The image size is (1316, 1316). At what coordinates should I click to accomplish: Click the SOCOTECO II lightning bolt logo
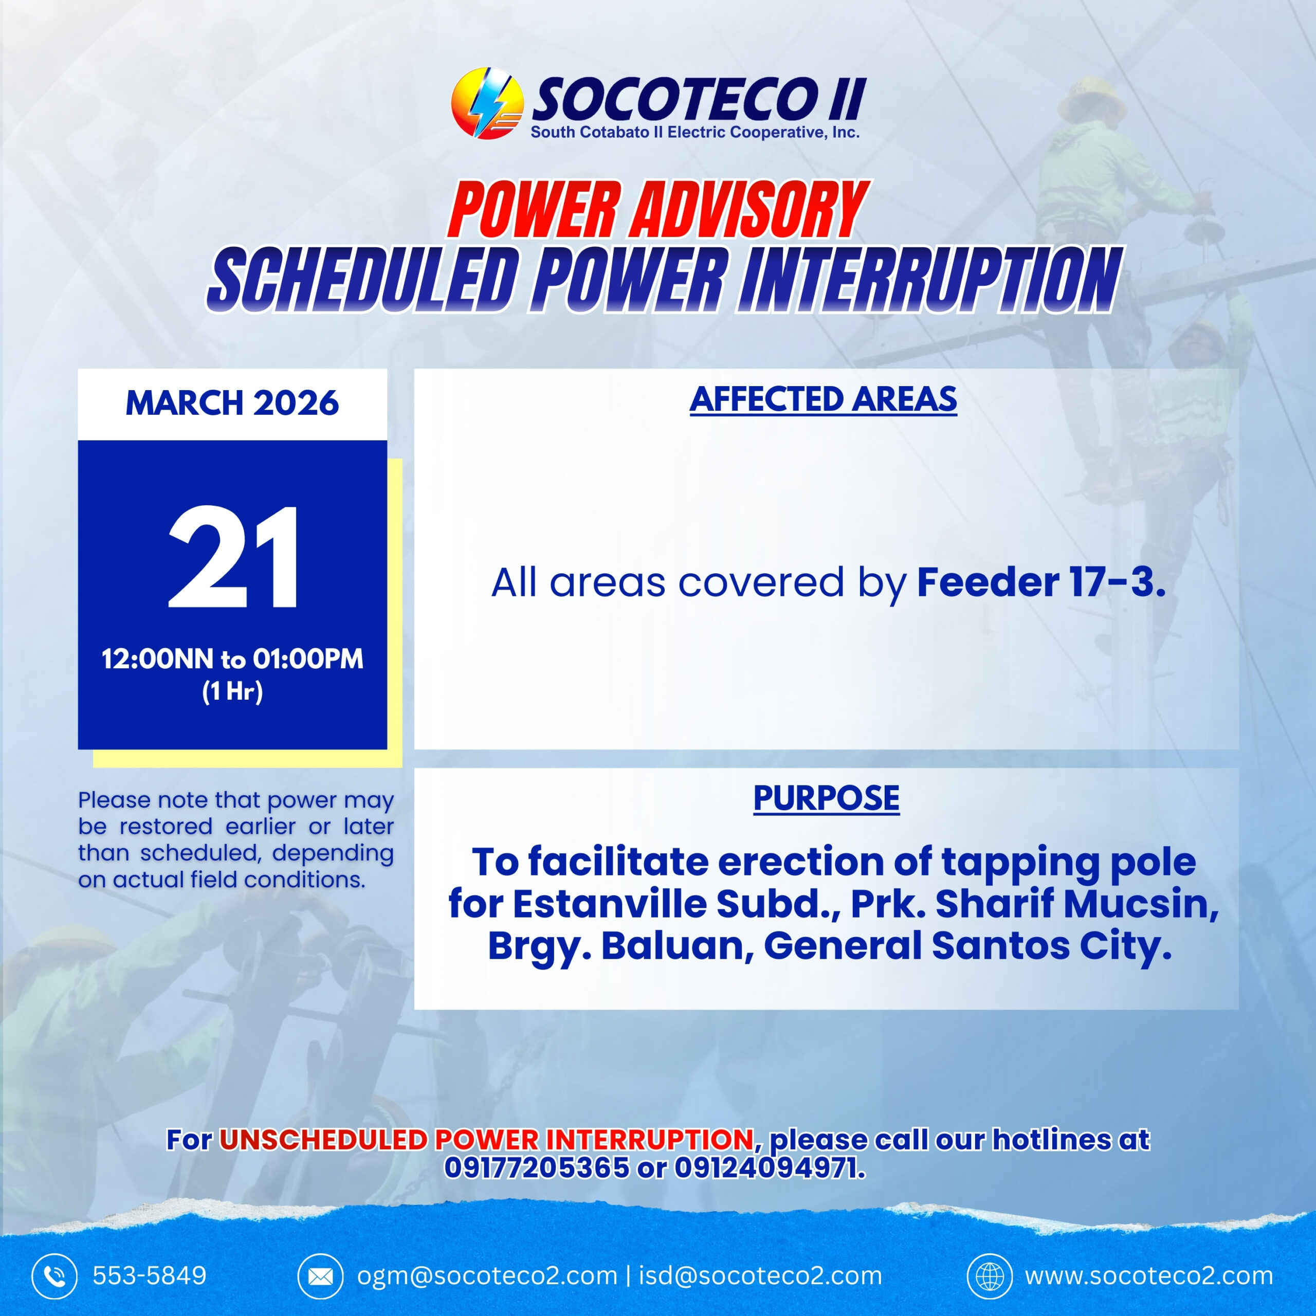click(487, 103)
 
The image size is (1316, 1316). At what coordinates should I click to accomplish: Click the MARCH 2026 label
click(232, 403)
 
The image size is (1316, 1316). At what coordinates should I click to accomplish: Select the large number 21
click(232, 557)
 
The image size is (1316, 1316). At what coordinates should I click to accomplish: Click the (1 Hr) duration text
click(232, 691)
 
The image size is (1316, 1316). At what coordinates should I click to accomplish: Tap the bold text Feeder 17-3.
click(1041, 582)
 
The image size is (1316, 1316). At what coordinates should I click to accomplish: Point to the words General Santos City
click(967, 946)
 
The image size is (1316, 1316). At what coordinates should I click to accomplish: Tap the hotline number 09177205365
click(537, 1167)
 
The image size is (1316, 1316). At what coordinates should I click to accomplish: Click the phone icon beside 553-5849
click(54, 1276)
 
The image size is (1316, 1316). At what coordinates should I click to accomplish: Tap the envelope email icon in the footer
click(320, 1276)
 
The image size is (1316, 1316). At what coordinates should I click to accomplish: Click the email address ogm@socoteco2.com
click(487, 1276)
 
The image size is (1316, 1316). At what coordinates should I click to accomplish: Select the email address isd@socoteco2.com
click(760, 1276)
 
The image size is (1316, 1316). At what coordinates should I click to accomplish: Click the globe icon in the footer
click(989, 1276)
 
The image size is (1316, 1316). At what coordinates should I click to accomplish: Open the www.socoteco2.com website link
click(1149, 1276)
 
